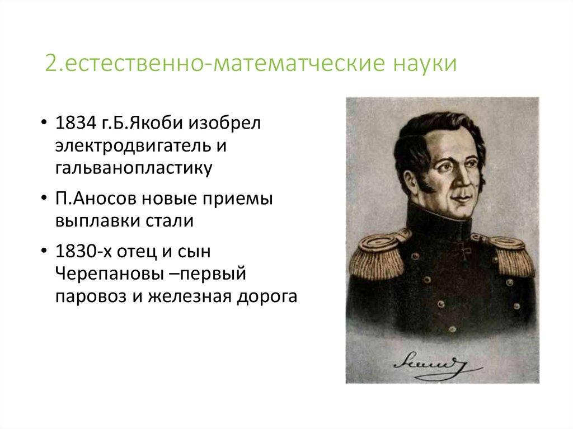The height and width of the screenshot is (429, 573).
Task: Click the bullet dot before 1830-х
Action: (44, 252)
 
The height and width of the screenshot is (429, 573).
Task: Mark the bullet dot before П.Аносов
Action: (44, 199)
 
